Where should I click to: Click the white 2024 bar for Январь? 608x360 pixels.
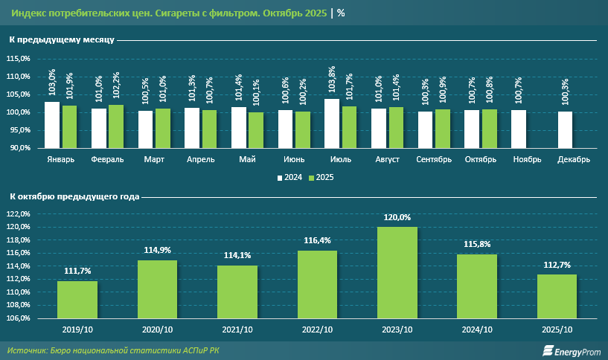[52, 125]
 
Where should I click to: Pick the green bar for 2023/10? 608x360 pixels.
[397, 272]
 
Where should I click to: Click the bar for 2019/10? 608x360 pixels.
[77, 299]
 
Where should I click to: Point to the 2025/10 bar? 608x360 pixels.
[557, 296]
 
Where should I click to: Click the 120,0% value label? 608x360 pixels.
[397, 218]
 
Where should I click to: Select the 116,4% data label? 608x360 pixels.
[318, 241]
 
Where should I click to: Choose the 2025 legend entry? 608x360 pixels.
[322, 178]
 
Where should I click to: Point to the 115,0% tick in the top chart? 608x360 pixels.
[19, 59]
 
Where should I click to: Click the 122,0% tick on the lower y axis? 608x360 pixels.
[19, 214]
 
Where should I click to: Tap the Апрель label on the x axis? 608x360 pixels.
[200, 159]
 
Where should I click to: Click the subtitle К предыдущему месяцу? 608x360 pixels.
[61, 39]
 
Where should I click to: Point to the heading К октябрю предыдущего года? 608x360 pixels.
[74, 196]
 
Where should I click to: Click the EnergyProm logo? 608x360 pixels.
[570, 350]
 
